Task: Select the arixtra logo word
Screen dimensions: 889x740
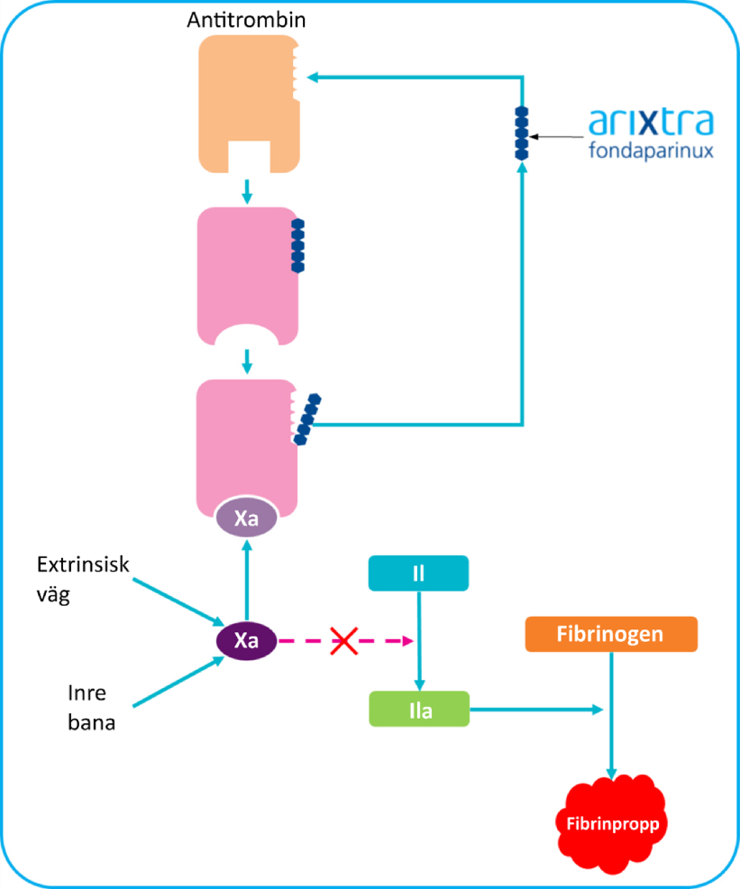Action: (x=652, y=121)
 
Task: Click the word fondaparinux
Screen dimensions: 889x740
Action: (x=652, y=151)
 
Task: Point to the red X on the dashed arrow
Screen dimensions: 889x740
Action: (x=343, y=641)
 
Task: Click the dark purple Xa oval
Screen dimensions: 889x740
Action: (x=246, y=641)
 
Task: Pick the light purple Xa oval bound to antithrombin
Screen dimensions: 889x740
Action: (x=246, y=520)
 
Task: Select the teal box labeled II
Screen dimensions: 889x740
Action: (x=418, y=573)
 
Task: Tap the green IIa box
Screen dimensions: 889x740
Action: (x=419, y=710)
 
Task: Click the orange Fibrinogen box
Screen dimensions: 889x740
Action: (x=610, y=634)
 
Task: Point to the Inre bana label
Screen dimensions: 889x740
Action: (x=91, y=709)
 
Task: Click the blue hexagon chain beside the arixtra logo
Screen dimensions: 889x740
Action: (x=521, y=133)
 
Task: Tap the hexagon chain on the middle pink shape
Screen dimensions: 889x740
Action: (x=298, y=245)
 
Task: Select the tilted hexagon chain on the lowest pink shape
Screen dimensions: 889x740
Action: (x=307, y=418)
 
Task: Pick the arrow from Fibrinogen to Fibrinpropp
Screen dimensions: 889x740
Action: (x=611, y=712)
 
